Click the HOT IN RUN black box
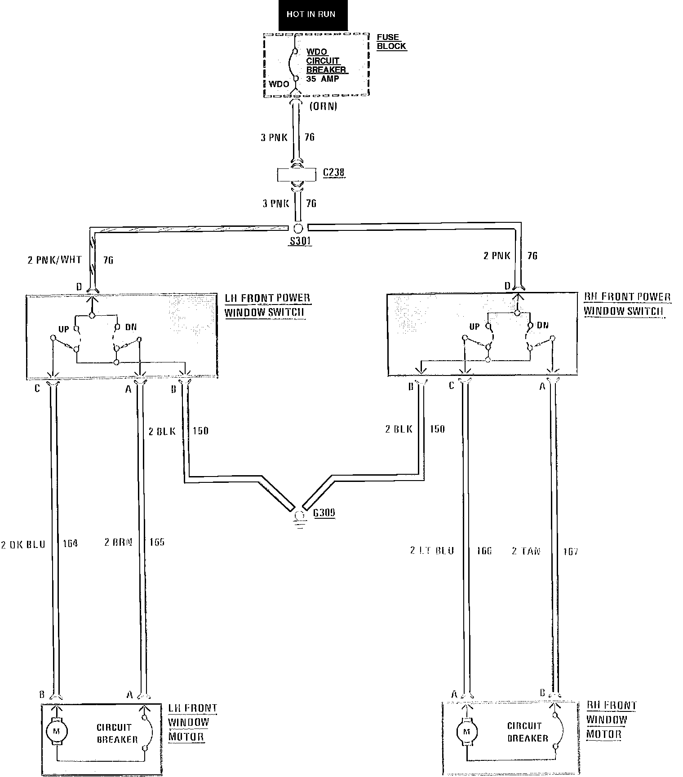[x=310, y=15]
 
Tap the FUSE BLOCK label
[x=391, y=42]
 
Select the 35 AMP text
[x=323, y=79]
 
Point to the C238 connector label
[x=334, y=173]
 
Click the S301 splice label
[x=300, y=241]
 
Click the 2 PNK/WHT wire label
[x=55, y=260]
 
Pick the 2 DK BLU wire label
[x=23, y=544]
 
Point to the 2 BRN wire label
[x=119, y=542]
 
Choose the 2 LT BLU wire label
[x=432, y=551]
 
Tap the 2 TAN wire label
[x=526, y=551]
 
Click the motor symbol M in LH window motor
[x=57, y=731]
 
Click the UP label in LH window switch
[x=64, y=329]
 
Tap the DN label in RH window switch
[x=543, y=325]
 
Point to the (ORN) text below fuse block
[x=323, y=107]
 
